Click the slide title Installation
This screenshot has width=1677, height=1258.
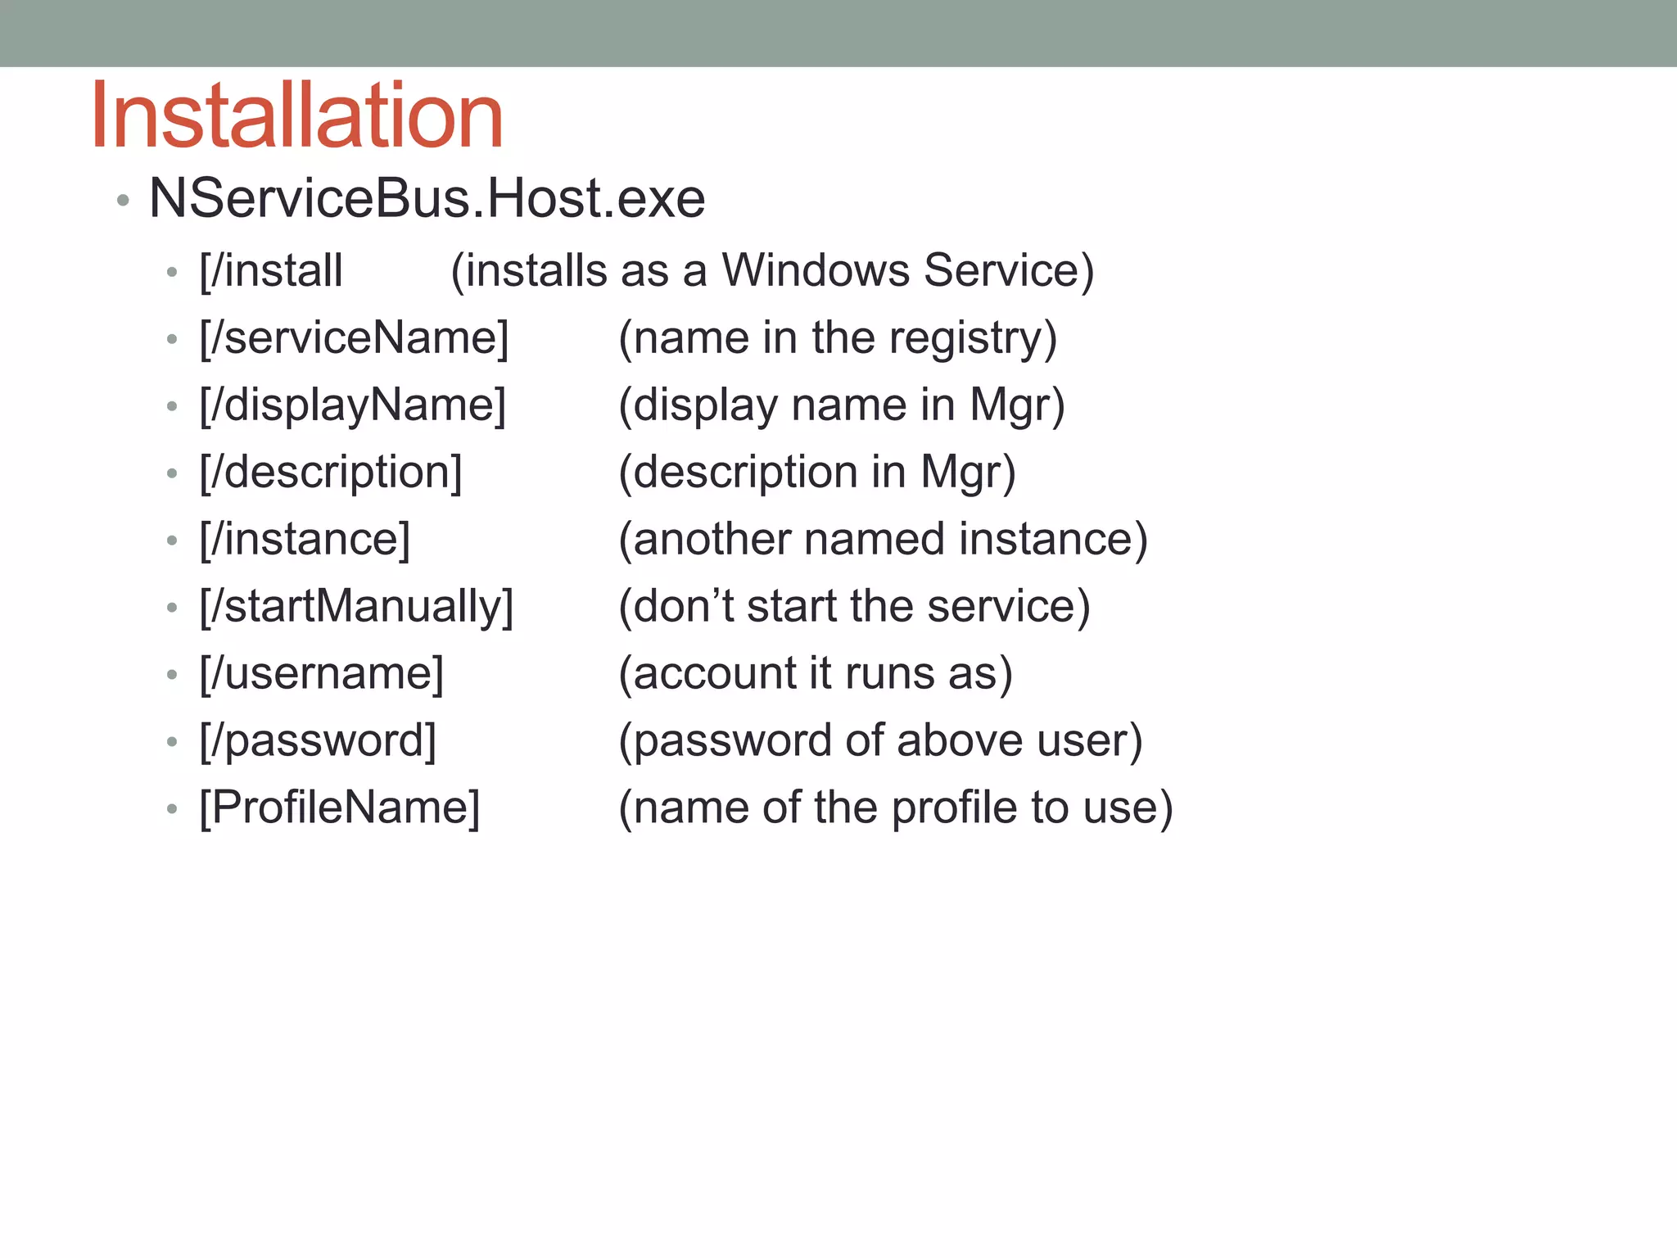[x=296, y=116]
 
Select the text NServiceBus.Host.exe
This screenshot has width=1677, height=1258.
[x=427, y=199]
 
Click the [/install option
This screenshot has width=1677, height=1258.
[x=271, y=271]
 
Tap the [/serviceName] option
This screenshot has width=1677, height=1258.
[x=354, y=338]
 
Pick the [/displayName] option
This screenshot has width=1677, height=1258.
[x=353, y=405]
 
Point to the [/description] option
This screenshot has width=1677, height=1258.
[x=331, y=473]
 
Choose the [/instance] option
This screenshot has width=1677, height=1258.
[x=305, y=540]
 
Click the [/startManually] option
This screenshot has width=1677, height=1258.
[x=356, y=607]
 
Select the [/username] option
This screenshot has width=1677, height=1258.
[x=322, y=674]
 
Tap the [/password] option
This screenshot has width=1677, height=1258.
[x=318, y=741]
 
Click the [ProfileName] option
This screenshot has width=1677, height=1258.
[x=340, y=808]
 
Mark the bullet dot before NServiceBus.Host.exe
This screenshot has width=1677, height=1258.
[x=123, y=201]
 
